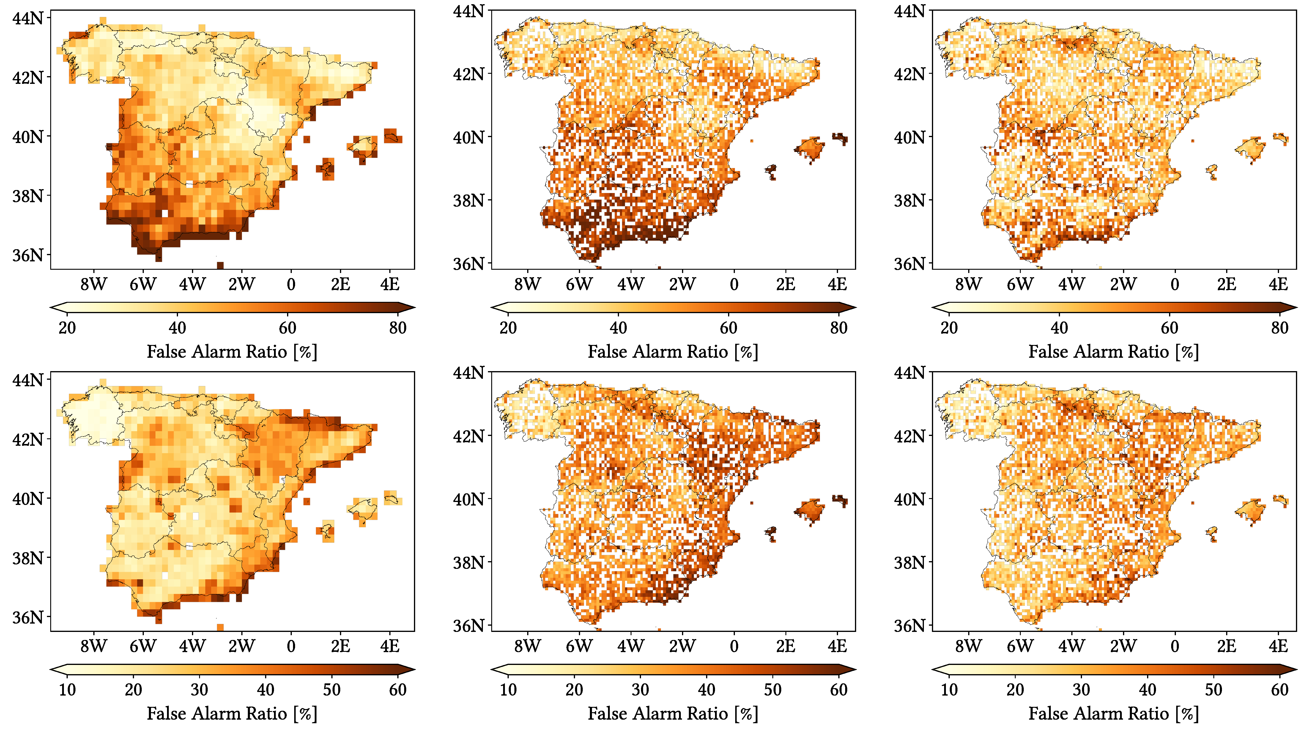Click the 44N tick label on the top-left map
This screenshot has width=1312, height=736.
(x=28, y=18)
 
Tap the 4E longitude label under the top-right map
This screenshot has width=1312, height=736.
(x=1278, y=284)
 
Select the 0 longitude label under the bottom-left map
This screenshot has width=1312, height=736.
(x=291, y=646)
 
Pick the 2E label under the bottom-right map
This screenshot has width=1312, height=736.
(x=1226, y=646)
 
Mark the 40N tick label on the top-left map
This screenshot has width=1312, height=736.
(x=28, y=136)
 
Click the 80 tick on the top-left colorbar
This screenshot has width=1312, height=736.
(x=398, y=328)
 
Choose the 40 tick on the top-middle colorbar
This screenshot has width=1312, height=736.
(x=618, y=328)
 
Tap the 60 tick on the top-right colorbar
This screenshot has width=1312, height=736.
(x=1169, y=328)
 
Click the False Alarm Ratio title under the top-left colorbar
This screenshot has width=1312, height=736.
(x=232, y=352)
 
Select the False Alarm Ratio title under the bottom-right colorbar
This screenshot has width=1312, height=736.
(x=1113, y=714)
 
